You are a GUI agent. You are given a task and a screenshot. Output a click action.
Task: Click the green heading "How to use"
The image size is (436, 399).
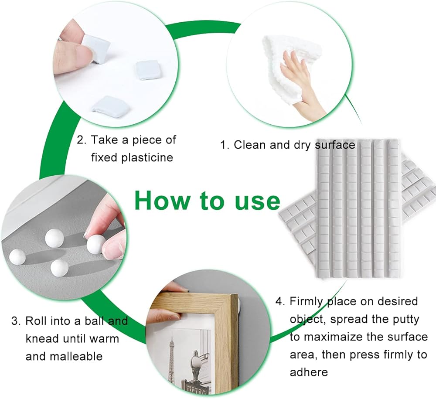[x=207, y=200]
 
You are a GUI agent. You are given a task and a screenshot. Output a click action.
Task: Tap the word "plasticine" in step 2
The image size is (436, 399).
[x=147, y=158]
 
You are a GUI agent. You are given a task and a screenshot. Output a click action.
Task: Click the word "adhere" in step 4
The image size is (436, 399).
[x=309, y=372]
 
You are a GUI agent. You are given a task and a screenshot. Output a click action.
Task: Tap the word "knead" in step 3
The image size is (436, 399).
[x=42, y=339]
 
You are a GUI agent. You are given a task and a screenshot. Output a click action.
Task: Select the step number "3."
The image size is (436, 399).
[x=16, y=321]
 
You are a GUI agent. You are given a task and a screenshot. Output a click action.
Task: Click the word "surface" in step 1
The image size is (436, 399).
[x=335, y=145]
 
